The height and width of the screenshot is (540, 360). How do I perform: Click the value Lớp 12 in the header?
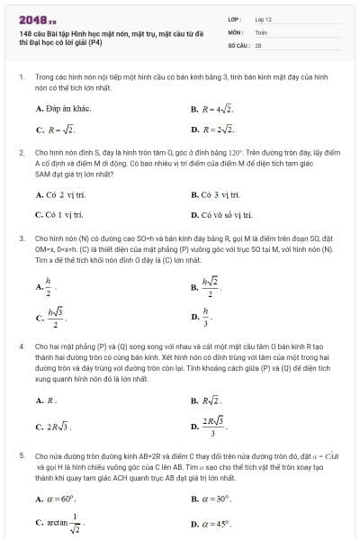(x=263, y=18)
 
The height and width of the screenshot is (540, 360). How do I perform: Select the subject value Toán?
(x=261, y=31)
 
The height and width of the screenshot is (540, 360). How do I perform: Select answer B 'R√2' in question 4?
(x=212, y=399)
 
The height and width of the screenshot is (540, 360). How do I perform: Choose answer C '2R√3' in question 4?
(x=58, y=427)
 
